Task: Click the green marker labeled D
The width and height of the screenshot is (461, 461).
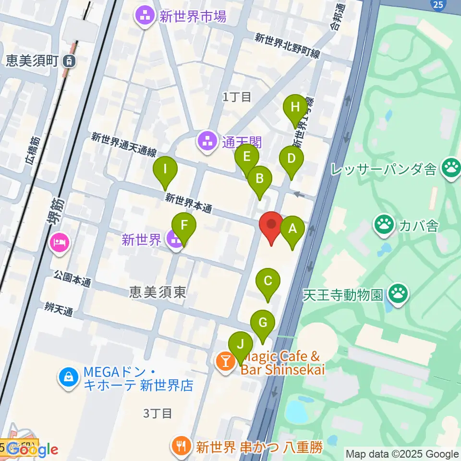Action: (291, 159)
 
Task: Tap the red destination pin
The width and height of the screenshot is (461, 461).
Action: (271, 225)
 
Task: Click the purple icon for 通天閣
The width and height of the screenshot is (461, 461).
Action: (207, 141)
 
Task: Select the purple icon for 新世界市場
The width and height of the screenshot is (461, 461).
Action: (144, 18)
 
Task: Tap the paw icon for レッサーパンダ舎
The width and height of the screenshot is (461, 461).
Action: (451, 169)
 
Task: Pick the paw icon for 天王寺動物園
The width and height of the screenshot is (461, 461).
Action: (398, 293)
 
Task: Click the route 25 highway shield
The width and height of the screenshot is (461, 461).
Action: (437, 4)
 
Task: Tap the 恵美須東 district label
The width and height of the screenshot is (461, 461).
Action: (158, 292)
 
